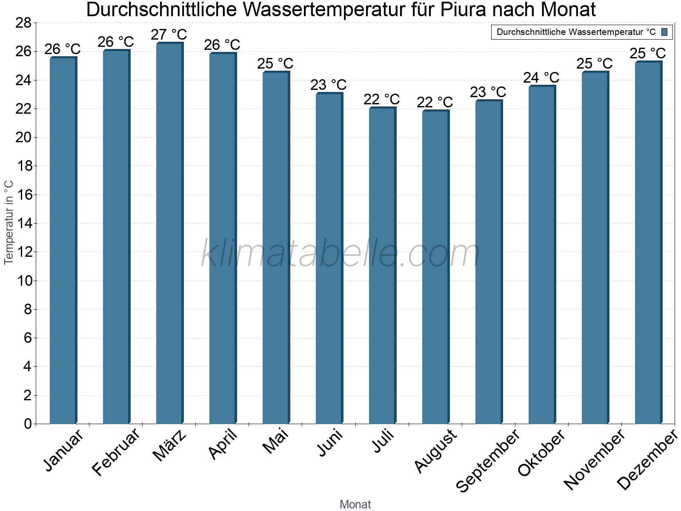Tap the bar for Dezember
[648, 243]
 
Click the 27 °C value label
[169, 34]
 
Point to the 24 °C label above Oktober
[541, 78]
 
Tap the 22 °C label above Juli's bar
[381, 100]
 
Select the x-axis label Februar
[116, 452]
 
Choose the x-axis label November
[594, 460]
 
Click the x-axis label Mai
[275, 442]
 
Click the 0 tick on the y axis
[28, 424]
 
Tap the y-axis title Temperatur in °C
[9, 222]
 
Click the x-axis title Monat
[355, 505]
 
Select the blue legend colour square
[664, 32]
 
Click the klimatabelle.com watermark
[340, 254]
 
